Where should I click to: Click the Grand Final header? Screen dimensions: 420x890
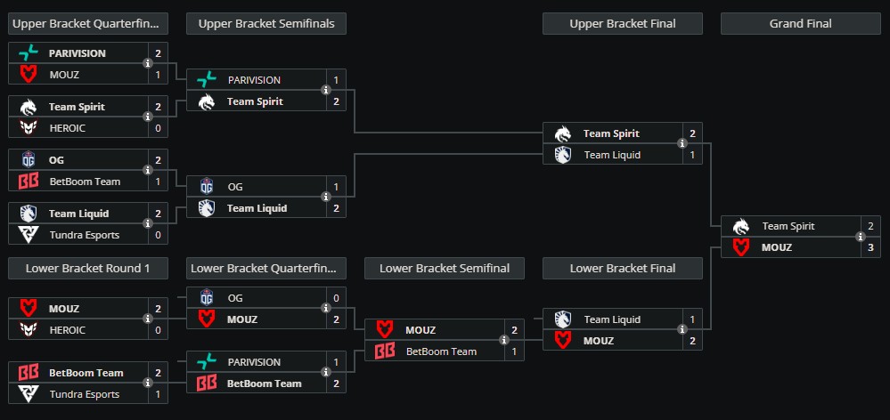pyautogui.click(x=800, y=24)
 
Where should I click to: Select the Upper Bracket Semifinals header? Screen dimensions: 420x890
pyautogui.click(x=266, y=24)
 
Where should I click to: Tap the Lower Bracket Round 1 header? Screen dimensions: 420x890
pyautogui.click(x=87, y=268)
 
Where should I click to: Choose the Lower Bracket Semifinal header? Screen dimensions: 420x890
pyautogui.click(x=445, y=268)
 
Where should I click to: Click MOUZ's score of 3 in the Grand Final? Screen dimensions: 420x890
pyautogui.click(x=870, y=247)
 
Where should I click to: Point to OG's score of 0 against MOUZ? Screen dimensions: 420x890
pyautogui.click(x=336, y=298)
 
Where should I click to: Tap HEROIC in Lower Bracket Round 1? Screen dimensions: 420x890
pyautogui.click(x=68, y=330)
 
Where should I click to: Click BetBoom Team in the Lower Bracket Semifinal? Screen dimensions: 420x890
pyautogui.click(x=441, y=351)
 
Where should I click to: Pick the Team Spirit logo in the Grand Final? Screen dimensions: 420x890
pyautogui.click(x=741, y=226)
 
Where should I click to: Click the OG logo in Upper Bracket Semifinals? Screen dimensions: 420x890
pyautogui.click(x=207, y=187)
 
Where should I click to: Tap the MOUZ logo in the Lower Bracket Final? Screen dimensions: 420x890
pyautogui.click(x=563, y=341)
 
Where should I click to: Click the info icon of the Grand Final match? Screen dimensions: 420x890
pyautogui.click(x=861, y=237)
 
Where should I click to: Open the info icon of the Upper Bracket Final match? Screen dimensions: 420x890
pyautogui.click(x=682, y=144)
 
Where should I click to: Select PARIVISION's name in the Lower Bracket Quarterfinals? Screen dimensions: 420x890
pyautogui.click(x=254, y=362)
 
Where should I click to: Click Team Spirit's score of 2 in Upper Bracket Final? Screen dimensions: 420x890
pyautogui.click(x=692, y=133)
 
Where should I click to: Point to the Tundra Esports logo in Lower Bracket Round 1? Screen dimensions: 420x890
pyautogui.click(x=29, y=394)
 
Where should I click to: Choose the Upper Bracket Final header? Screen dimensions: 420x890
pyautogui.click(x=622, y=24)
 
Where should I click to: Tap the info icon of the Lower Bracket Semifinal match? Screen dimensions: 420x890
pyautogui.click(x=504, y=341)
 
